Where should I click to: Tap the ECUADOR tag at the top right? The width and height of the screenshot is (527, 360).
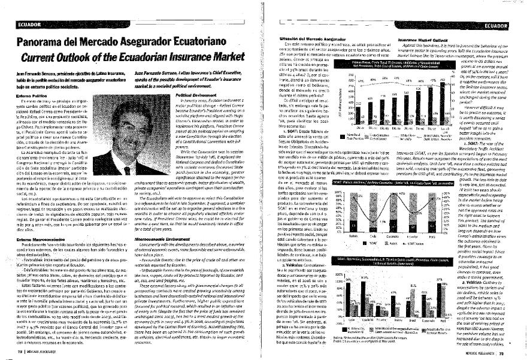[500, 26]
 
